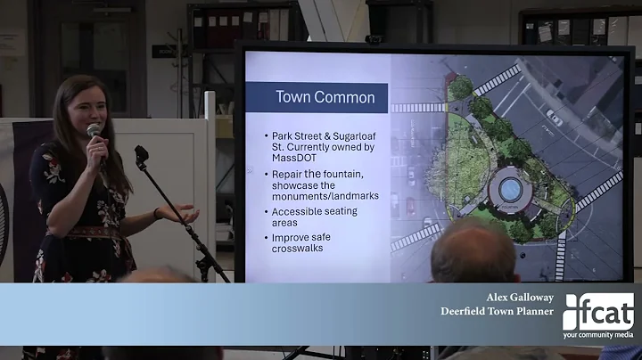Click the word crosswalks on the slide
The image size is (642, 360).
[298, 248]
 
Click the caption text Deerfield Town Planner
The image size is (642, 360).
[497, 311]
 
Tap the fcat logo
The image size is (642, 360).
[598, 311]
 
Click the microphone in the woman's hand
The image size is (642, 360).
[95, 132]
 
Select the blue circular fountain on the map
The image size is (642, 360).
[511, 189]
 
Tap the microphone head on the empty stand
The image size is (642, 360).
[140, 155]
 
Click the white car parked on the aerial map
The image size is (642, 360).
[555, 117]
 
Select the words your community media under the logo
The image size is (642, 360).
[598, 335]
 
